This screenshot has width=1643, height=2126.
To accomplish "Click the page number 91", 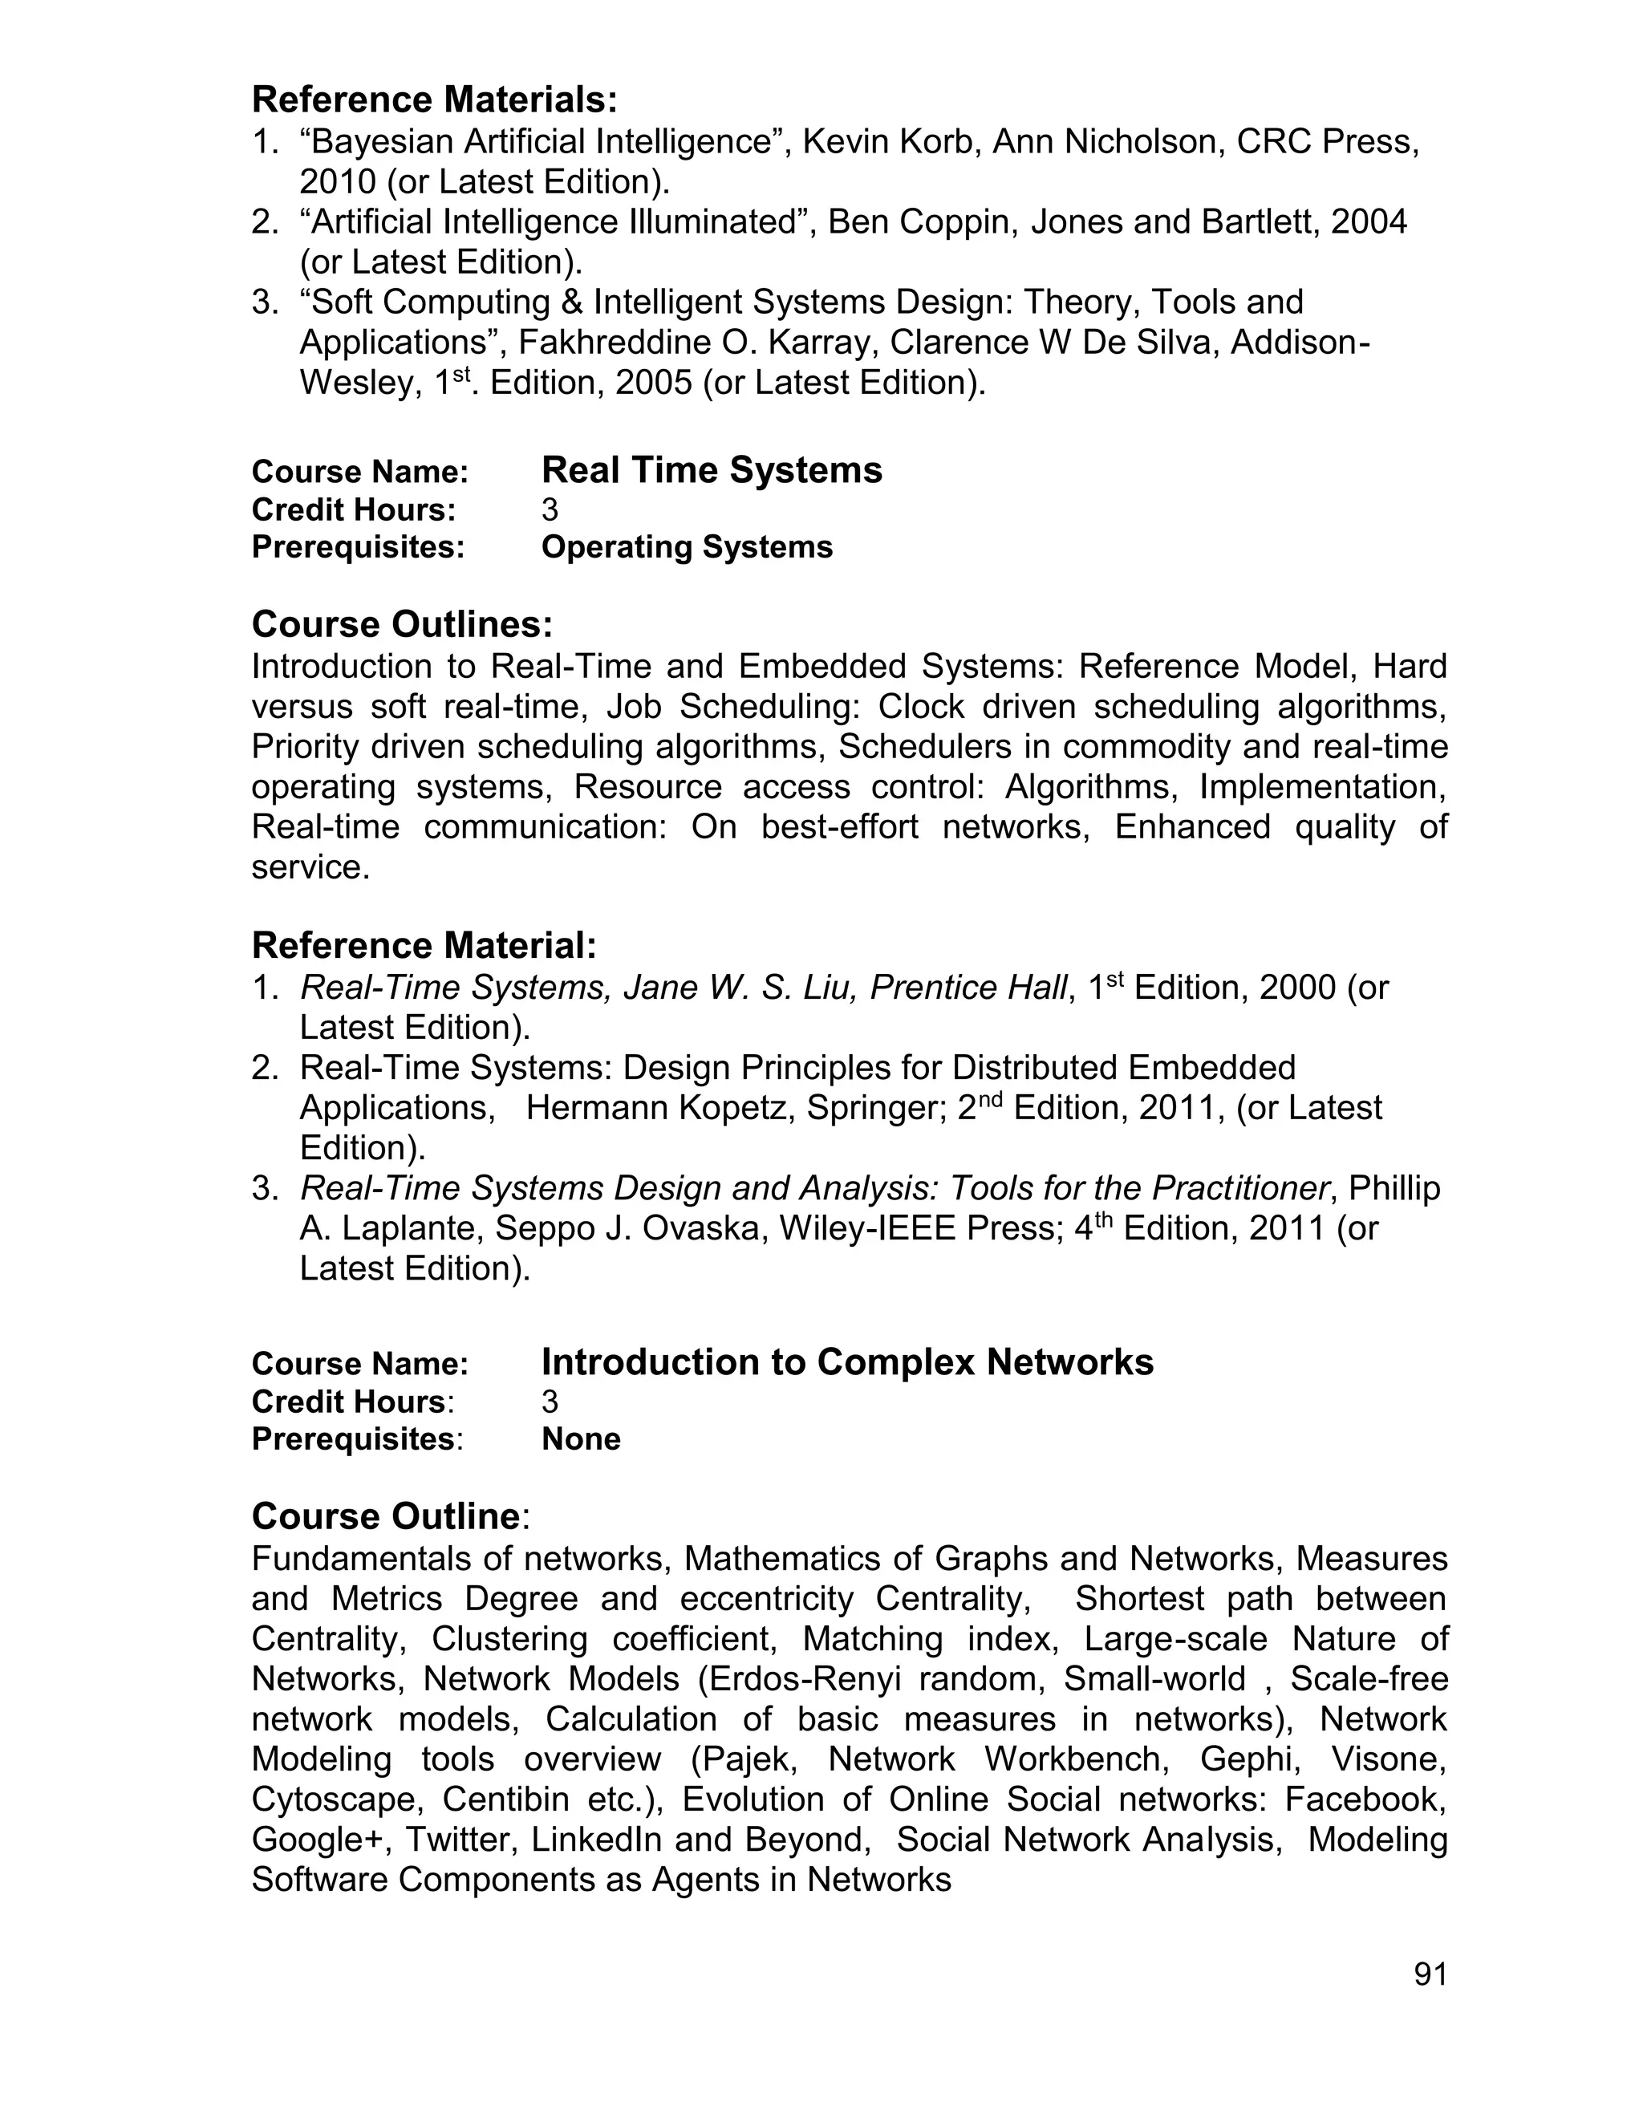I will pos(1430,1975).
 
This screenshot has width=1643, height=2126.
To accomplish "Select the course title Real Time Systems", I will pos(712,470).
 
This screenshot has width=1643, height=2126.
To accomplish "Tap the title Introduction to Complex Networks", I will pos(847,1362).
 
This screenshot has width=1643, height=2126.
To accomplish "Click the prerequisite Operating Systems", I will pos(686,547).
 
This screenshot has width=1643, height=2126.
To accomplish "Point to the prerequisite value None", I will pos(580,1438).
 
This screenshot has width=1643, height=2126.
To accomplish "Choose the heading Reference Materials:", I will pos(434,99).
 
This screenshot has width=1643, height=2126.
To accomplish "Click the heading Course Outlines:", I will pos(401,624).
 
